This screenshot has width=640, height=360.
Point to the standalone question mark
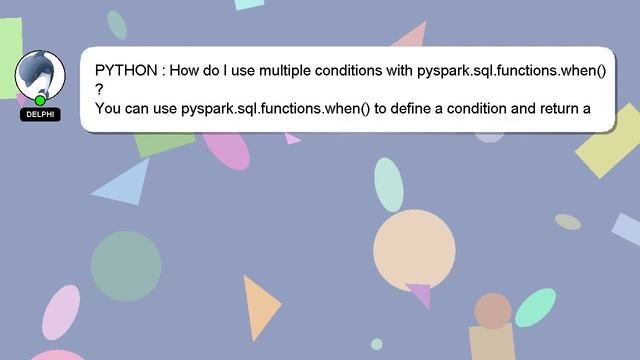click(x=99, y=89)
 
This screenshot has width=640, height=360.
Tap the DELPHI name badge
click(x=40, y=115)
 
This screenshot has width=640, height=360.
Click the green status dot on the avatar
click(x=40, y=100)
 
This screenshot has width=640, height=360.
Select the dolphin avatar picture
click(x=40, y=74)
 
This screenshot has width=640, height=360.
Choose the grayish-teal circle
click(x=126, y=266)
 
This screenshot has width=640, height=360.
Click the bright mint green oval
click(x=535, y=307)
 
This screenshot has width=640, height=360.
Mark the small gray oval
click(x=568, y=221)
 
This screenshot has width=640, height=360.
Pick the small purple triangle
click(x=419, y=294)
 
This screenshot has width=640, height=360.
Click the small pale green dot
click(x=377, y=344)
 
